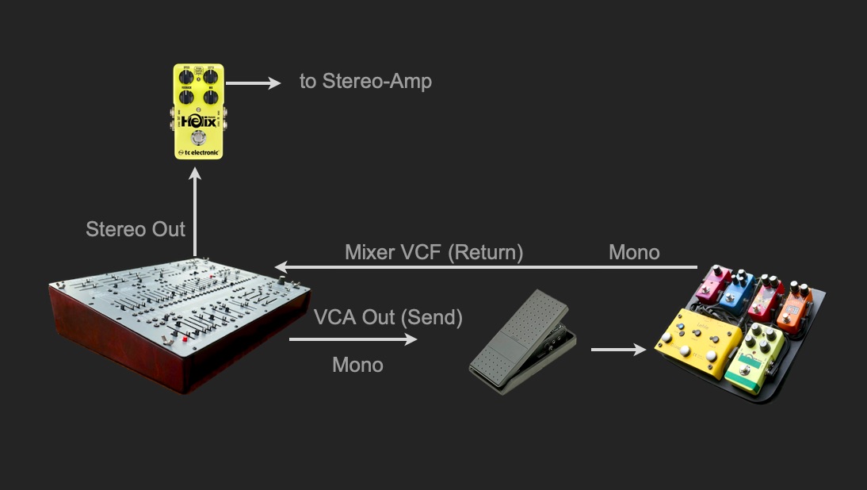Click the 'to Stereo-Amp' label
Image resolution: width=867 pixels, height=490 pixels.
365,81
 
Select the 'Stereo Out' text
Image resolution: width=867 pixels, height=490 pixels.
136,230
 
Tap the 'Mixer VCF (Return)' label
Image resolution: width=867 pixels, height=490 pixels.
433,253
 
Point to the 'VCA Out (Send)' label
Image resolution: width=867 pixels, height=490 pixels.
388,318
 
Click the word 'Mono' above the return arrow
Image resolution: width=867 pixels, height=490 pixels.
634,253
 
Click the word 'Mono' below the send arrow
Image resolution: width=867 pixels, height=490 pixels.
357,365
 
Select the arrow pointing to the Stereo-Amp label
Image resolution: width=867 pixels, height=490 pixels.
254,82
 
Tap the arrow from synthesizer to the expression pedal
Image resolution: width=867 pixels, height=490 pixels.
353,339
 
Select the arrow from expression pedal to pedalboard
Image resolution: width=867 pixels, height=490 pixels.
618,348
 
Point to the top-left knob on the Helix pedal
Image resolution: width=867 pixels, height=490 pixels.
187,77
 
